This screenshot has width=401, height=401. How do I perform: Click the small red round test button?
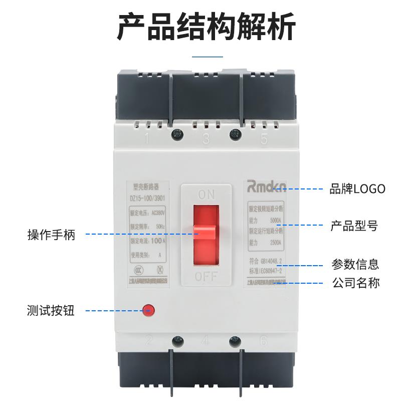pyautogui.click(x=148, y=310)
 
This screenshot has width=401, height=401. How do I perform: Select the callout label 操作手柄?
pyautogui.click(x=51, y=234)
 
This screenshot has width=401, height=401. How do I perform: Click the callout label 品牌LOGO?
pyautogui.click(x=357, y=189)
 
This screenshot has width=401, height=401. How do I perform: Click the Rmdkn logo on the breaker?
pyautogui.click(x=266, y=187)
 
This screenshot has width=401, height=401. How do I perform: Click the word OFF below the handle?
pyautogui.click(x=206, y=276)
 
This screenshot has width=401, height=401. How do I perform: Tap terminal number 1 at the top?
pyautogui.click(x=147, y=139)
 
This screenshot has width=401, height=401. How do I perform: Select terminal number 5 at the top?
pyautogui.click(x=264, y=139)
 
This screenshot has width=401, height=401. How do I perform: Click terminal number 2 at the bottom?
pyautogui.click(x=148, y=341)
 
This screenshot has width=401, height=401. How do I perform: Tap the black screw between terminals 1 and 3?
pyautogui.click(x=176, y=134)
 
